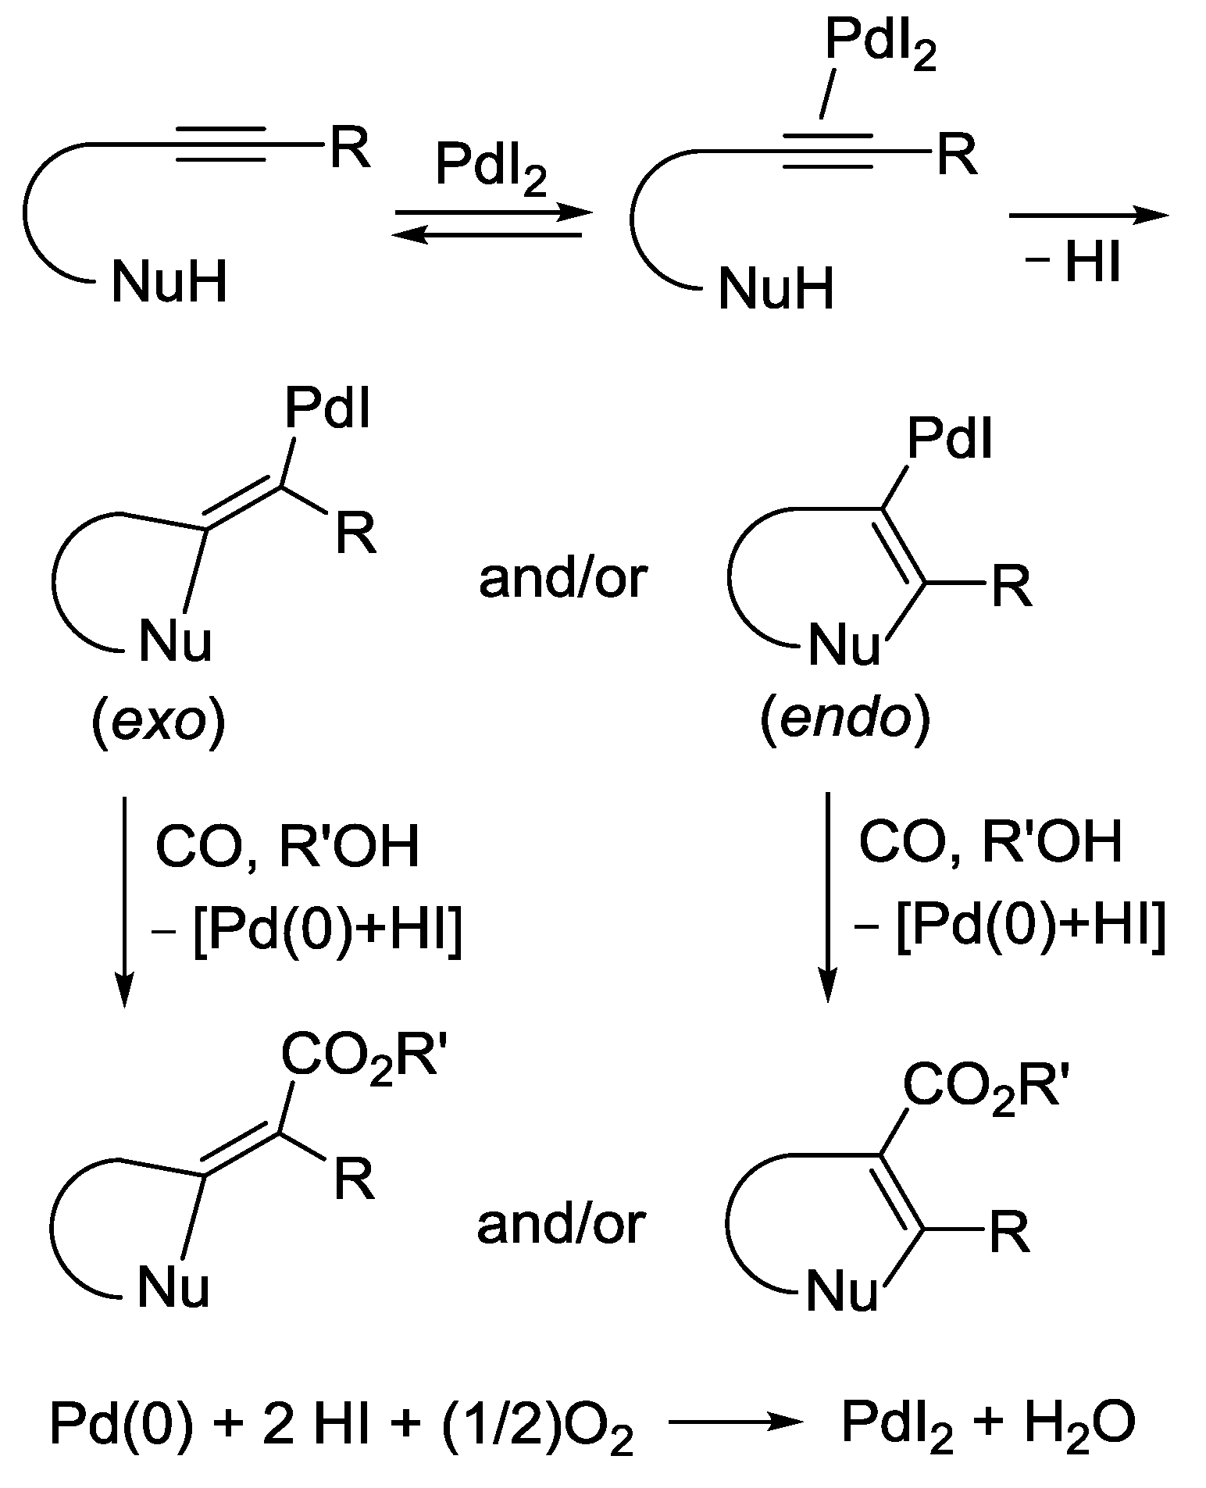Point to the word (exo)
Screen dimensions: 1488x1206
[159, 725]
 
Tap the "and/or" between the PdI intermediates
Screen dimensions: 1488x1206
[562, 580]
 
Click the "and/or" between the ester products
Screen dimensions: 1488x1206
[561, 1224]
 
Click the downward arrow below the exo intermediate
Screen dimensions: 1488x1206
[124, 898]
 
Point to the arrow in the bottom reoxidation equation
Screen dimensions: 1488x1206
[734, 1422]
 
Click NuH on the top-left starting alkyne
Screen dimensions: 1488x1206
[169, 281]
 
